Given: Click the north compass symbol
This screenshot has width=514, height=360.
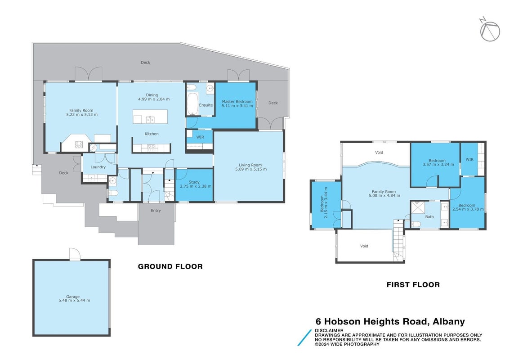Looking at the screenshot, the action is [490, 30].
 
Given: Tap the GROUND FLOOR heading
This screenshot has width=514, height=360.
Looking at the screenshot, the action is [170, 266].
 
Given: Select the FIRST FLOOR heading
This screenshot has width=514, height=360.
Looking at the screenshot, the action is [413, 285].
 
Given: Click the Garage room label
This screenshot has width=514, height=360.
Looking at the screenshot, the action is [73, 297].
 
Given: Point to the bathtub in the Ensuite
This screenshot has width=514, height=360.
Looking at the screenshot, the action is [192, 103].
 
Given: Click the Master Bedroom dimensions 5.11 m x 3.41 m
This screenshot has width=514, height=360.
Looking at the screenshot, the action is [237, 106].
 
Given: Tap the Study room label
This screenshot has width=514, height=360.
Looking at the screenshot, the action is [194, 182].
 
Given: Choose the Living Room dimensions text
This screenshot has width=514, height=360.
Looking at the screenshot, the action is [251, 169].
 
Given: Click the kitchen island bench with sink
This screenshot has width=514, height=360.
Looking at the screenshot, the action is [150, 117].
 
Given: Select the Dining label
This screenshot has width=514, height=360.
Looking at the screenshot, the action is [152, 95].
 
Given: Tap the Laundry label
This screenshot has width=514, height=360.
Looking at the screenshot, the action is [98, 167].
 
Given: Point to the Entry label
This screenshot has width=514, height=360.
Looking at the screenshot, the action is [156, 211].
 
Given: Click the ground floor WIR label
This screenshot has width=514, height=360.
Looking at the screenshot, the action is [200, 137].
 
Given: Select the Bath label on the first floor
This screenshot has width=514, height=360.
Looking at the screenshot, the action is [429, 217].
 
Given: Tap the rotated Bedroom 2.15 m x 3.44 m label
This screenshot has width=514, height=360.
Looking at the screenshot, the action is [323, 203].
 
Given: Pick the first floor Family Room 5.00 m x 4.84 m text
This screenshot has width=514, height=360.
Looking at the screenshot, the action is [384, 193].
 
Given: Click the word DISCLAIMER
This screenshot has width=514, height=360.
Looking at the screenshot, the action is [329, 330].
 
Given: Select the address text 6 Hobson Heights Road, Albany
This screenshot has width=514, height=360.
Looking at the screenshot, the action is [390, 322].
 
